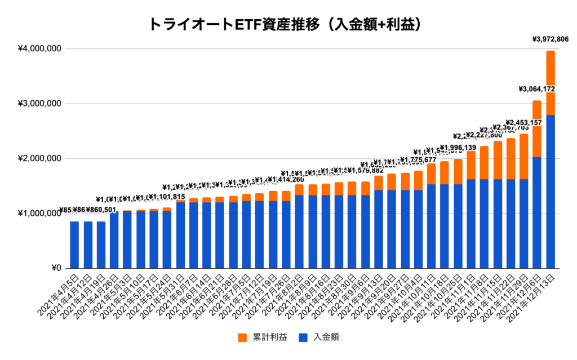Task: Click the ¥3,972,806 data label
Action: [550, 39]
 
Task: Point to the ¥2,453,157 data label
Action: [524, 122]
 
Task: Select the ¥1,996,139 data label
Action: [458, 148]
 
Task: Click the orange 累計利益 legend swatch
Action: [242, 337]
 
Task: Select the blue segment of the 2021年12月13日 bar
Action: [551, 192]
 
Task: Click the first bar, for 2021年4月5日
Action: [74, 245]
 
